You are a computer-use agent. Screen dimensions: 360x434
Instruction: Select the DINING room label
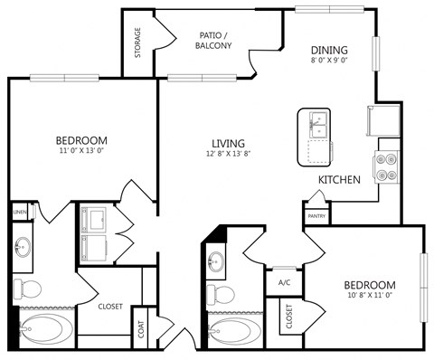(330, 50)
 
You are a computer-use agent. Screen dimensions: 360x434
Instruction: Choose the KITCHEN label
(340, 180)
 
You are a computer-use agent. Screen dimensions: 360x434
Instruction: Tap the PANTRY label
(316, 216)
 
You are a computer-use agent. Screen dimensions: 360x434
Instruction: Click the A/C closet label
(284, 282)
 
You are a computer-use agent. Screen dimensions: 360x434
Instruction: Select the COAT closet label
(142, 331)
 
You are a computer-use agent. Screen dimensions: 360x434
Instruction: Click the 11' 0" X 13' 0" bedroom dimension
(81, 153)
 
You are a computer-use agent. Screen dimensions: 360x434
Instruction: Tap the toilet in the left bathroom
(26, 289)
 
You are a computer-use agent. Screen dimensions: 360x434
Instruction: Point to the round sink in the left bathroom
(23, 247)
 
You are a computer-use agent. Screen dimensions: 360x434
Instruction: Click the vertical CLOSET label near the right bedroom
(289, 317)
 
